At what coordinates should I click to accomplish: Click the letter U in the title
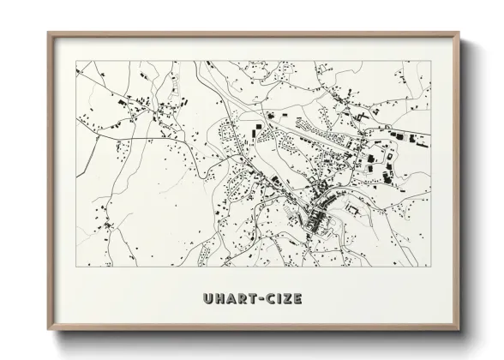click(207, 299)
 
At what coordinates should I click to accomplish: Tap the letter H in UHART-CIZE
click(219, 299)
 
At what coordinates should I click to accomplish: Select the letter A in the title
click(231, 299)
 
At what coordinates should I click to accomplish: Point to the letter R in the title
click(243, 299)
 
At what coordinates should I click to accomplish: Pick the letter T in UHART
click(254, 299)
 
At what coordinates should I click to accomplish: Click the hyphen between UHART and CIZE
click(263, 299)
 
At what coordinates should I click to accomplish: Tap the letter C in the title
click(273, 299)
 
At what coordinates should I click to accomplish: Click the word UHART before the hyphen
click(231, 299)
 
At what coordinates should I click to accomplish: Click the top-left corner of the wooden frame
click(48, 33)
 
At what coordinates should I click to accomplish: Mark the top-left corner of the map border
click(76, 60)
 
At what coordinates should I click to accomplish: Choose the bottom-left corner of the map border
click(76, 267)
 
